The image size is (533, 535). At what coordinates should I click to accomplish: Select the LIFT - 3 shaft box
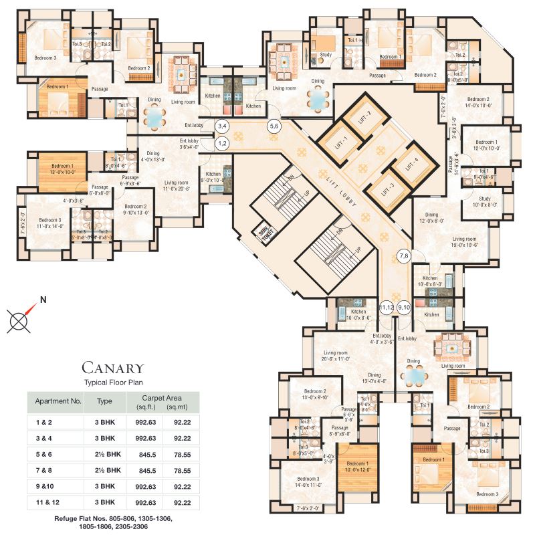[x=387, y=188]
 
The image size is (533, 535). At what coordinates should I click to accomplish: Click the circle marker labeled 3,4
[x=222, y=126]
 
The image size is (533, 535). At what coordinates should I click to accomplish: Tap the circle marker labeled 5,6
[x=274, y=126]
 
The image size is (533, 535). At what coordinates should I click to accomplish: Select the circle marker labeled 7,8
[x=405, y=255]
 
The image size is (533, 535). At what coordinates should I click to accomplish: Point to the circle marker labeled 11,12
[x=387, y=308]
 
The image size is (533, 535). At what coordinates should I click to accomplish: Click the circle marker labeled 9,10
[x=405, y=308]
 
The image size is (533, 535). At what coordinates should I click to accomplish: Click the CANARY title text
[x=112, y=368]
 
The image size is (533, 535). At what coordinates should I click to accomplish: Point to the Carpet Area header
[x=162, y=398]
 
